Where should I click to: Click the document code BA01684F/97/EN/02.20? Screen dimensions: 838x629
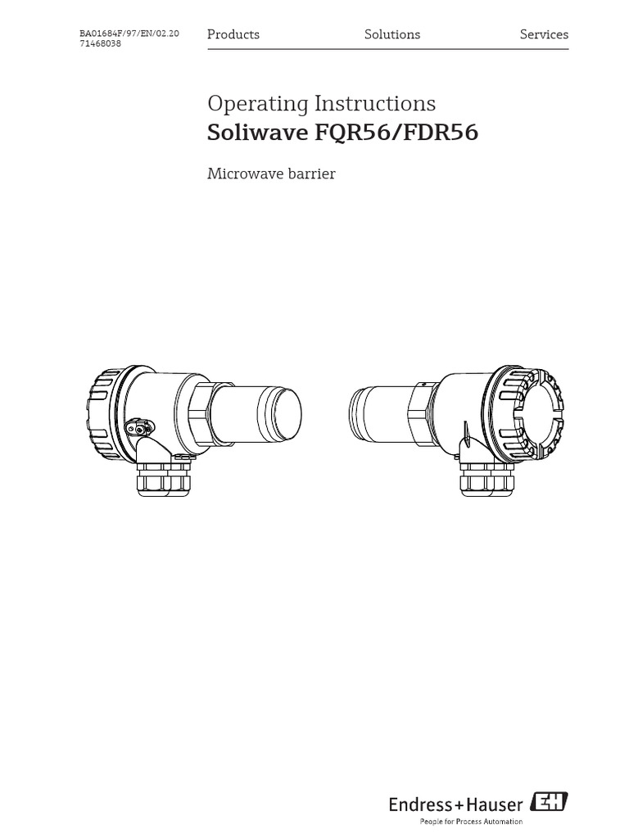click(129, 34)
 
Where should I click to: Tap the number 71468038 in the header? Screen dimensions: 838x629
click(101, 44)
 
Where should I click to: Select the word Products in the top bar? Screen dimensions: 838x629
click(233, 34)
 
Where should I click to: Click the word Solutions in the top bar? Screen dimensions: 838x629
click(392, 34)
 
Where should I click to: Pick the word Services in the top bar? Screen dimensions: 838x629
click(544, 34)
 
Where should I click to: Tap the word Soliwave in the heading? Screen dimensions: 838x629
click(257, 133)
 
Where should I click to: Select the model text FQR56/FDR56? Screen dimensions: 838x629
click(397, 133)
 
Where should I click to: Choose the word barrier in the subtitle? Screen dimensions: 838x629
click(309, 174)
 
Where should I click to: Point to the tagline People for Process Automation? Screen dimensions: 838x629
click(471, 821)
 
